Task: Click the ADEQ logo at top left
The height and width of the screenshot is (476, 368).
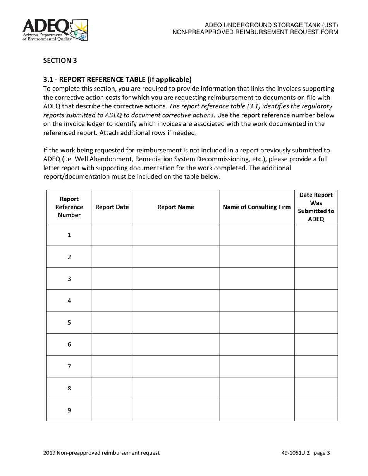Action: point(55,30)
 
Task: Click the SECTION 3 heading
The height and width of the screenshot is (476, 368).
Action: point(60,60)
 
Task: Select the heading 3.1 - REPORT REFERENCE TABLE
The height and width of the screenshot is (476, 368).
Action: point(117,80)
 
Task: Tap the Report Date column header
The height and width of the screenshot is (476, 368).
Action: point(112,207)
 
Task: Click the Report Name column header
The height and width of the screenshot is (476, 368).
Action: point(175,207)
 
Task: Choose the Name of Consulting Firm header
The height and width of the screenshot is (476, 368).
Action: point(256,207)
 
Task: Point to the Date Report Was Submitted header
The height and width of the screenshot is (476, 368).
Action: point(316,207)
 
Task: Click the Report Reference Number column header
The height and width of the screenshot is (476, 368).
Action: point(69,207)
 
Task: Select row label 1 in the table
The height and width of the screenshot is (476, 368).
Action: point(69,235)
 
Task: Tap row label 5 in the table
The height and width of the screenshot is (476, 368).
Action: point(69,322)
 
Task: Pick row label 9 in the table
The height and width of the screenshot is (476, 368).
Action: point(69,410)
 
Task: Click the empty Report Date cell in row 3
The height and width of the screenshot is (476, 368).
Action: point(112,279)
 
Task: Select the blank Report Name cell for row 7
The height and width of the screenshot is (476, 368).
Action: point(175,366)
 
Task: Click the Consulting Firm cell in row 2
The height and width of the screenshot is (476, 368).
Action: point(256,257)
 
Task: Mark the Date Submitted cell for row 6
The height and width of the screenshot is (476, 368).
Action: point(316,344)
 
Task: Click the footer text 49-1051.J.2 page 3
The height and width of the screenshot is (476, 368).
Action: point(306,453)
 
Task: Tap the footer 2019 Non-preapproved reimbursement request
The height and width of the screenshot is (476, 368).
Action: point(101,453)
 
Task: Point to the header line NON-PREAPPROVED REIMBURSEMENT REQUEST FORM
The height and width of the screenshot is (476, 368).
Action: point(255,32)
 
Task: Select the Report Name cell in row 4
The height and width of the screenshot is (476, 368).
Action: point(175,301)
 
